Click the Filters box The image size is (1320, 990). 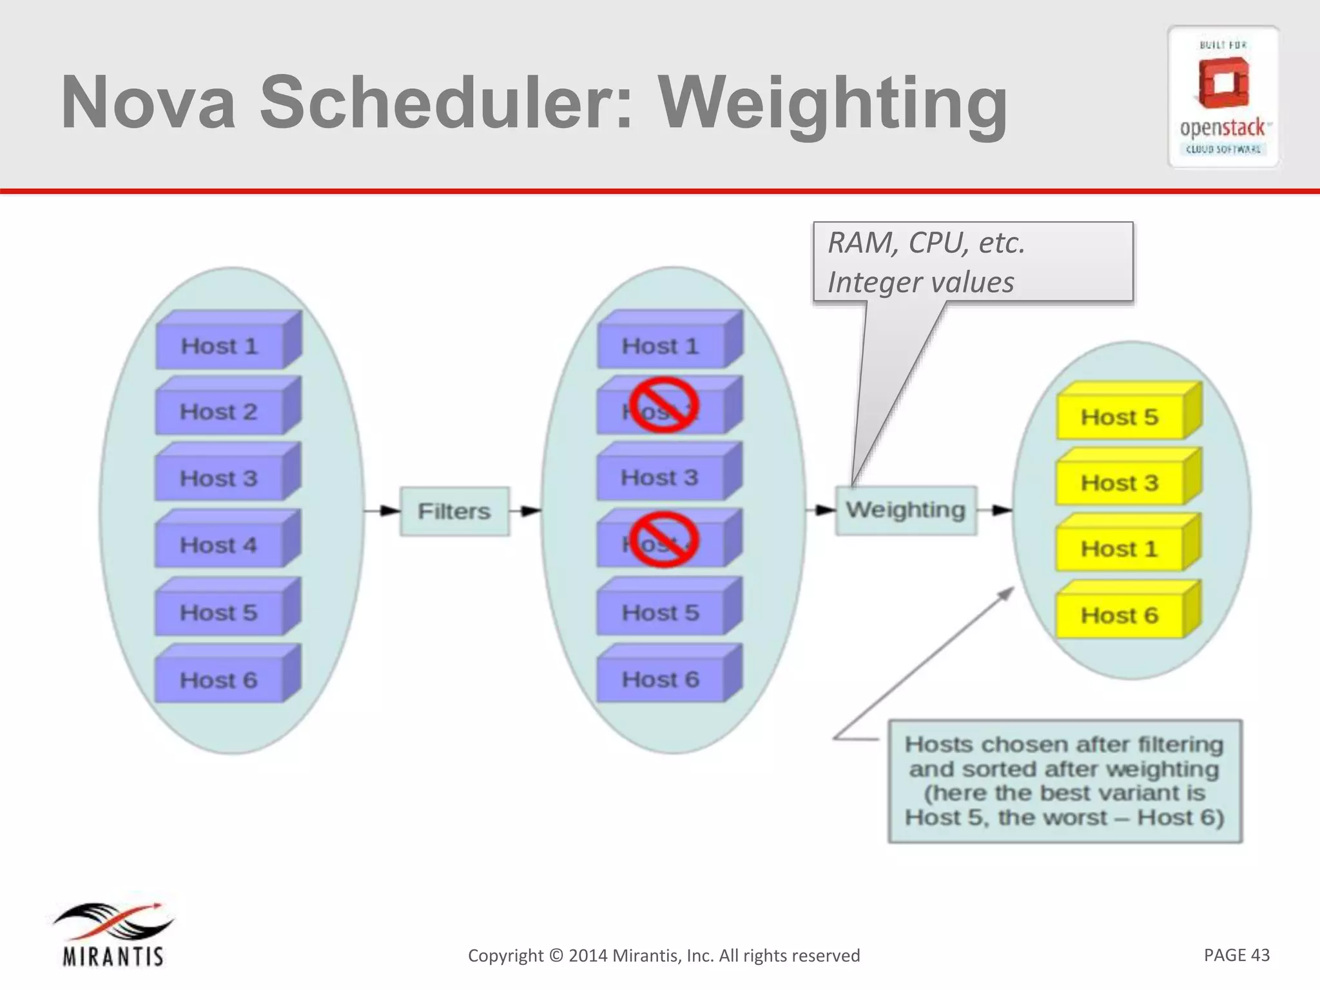click(454, 511)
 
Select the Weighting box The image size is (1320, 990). click(906, 510)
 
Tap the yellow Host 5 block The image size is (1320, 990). click(1120, 417)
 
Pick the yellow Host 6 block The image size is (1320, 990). click(1120, 616)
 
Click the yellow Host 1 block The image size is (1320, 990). click(1120, 549)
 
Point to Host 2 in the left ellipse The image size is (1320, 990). click(219, 412)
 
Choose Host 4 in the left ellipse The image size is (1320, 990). click(219, 545)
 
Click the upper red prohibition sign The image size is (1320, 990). click(664, 405)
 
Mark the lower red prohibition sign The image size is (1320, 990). click(664, 539)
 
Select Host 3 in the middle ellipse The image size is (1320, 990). click(659, 478)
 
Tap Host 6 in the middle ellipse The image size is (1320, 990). click(660, 679)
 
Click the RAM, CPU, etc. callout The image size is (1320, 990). click(972, 262)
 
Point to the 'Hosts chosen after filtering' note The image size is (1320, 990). click(1064, 781)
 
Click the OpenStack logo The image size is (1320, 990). click(1223, 97)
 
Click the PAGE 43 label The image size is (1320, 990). click(1236, 955)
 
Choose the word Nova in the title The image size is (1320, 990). click(149, 103)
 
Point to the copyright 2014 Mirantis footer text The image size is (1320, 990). click(664, 955)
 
